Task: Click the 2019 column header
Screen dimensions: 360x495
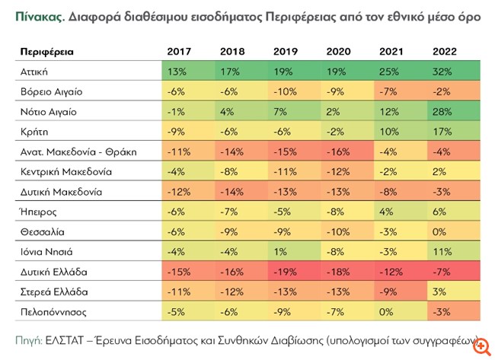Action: (284, 51)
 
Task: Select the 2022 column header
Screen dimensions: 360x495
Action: (444, 51)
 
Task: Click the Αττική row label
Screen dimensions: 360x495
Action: (34, 71)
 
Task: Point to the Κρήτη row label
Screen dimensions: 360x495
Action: (34, 131)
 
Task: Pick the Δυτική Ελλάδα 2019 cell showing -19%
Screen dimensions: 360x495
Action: (286, 272)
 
